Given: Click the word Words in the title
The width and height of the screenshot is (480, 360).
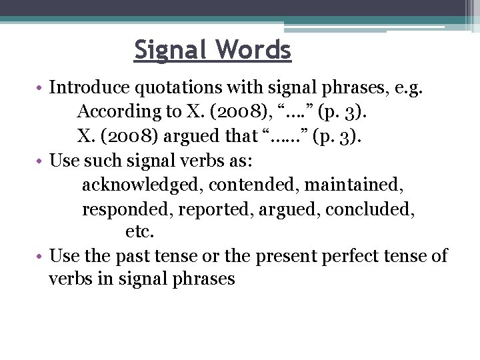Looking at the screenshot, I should tap(256, 50).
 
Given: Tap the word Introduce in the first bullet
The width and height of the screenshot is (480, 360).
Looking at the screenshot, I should tap(87, 87).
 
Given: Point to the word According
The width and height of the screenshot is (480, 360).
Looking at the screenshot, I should tap(117, 111).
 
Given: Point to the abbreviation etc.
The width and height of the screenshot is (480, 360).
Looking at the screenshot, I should tap(139, 232).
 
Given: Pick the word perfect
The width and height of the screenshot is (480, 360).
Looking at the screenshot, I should tap(353, 256).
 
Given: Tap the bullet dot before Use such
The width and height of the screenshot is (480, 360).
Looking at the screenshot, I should tap(41, 161).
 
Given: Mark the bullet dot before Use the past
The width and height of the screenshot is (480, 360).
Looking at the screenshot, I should tap(41, 257).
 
